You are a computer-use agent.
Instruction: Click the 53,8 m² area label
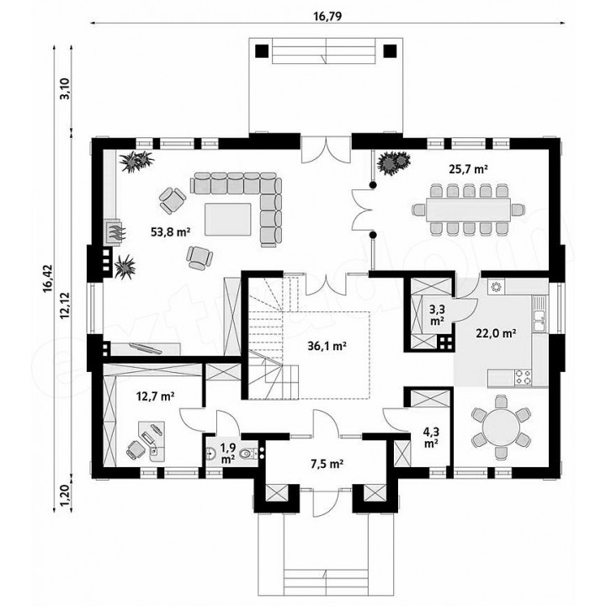[170, 232]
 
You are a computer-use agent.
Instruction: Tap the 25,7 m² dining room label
[468, 169]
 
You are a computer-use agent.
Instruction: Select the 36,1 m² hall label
[327, 346]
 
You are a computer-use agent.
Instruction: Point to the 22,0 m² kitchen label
[497, 332]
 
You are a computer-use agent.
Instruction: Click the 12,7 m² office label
[156, 396]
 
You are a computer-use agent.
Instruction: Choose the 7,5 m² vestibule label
[327, 464]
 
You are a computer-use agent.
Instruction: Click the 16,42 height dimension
[48, 279]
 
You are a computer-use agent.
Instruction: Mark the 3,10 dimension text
[66, 89]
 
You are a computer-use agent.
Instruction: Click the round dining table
[502, 427]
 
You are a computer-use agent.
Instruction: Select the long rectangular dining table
[468, 210]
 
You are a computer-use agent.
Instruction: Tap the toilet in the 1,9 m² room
[247, 454]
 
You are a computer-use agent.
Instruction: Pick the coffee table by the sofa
[228, 219]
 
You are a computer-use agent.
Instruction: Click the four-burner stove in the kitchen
[523, 378]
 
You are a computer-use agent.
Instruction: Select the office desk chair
[135, 449]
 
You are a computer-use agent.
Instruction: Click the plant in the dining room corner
[393, 162]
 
